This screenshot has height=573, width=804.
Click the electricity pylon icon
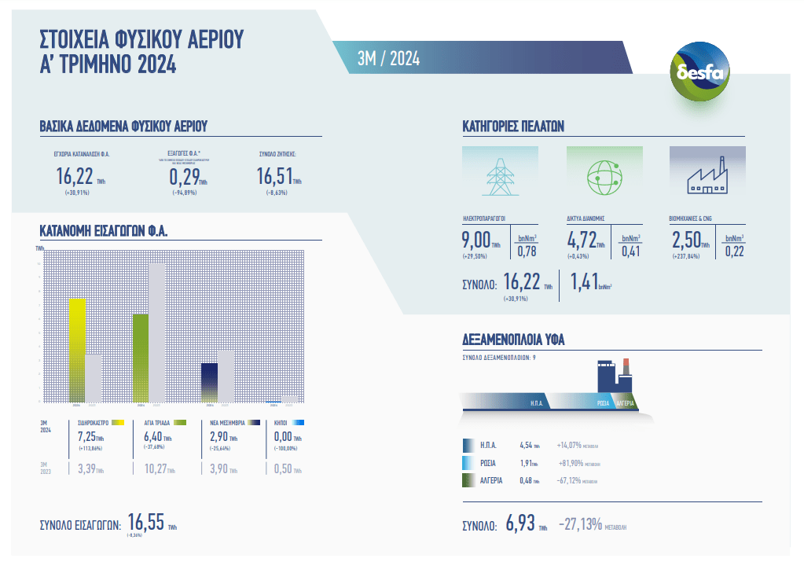(500, 176)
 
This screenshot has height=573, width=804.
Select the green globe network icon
(604, 176)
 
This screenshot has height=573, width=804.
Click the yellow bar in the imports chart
(77, 350)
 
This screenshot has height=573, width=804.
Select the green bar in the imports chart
(141, 358)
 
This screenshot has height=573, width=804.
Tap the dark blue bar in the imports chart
(209, 382)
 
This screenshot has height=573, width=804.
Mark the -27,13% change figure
(580, 523)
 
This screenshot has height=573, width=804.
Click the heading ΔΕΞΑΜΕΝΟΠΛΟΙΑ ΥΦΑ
(514, 340)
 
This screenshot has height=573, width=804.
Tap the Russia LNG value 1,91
(527, 463)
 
